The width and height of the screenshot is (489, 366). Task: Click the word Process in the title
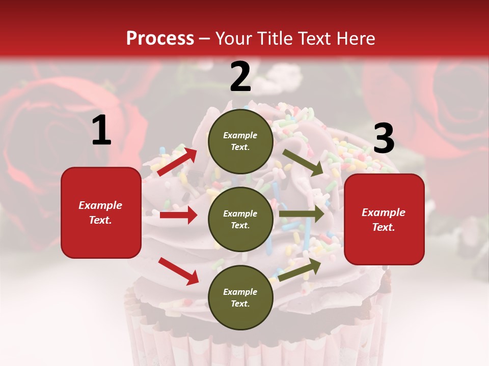[x=160, y=39]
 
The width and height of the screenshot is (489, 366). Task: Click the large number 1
[x=101, y=131]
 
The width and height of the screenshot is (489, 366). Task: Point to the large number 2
[x=240, y=77]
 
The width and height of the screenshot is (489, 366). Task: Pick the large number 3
[x=384, y=138]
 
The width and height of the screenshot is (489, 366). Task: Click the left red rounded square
[x=101, y=212]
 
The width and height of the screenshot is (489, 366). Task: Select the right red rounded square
[x=384, y=220]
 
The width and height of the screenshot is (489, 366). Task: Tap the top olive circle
[x=240, y=141]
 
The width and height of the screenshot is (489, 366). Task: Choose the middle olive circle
[x=240, y=219]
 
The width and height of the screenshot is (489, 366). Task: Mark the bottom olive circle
[x=240, y=297]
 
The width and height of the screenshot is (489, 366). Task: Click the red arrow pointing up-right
[x=177, y=162]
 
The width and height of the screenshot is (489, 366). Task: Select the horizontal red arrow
[x=178, y=216]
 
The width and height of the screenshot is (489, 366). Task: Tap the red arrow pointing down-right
[x=178, y=271]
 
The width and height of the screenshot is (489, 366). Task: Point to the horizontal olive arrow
[x=302, y=214]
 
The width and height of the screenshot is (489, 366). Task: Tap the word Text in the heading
[x=313, y=39]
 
